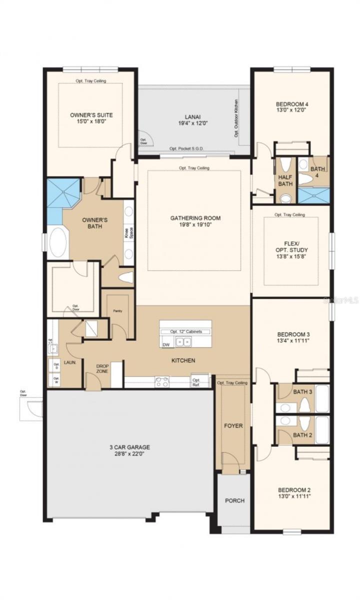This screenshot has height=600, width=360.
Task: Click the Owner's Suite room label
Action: coord(91,115)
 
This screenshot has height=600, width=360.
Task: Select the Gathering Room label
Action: coord(195,218)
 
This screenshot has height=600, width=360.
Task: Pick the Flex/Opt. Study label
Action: coord(290,246)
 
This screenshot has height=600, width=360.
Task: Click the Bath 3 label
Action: coord(302,391)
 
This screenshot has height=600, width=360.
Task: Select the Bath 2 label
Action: coord(302,435)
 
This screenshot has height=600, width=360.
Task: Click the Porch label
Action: coord(233,500)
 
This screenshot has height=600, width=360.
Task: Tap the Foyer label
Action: coord(233,426)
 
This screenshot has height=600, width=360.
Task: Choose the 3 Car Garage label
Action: coord(129,447)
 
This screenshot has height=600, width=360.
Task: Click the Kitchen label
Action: coord(182,360)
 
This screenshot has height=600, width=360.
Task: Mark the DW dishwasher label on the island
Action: coord(166,344)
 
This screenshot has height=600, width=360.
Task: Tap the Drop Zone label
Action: coord(102,369)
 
